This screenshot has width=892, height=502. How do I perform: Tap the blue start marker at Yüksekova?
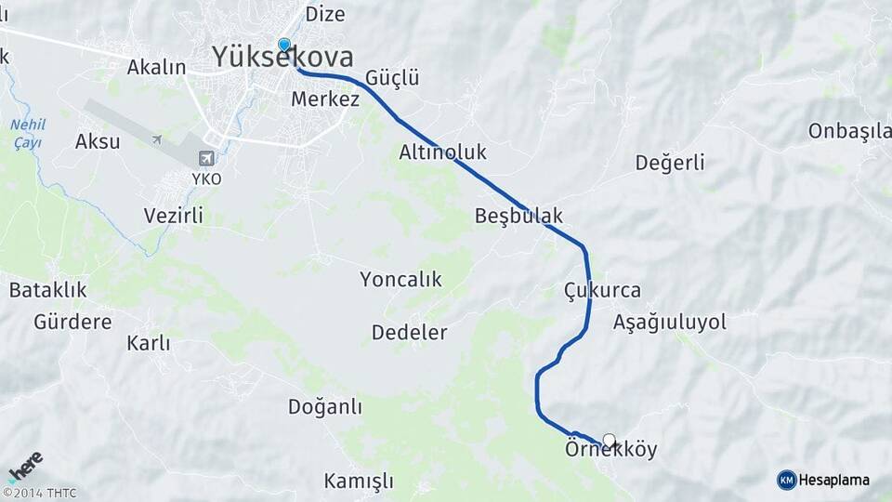pos(284,45)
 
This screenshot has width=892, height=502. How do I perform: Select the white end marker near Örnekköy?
pos(610,440)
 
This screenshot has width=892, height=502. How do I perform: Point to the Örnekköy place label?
pos(610,451)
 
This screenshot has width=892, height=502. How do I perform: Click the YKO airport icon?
pos(206,158)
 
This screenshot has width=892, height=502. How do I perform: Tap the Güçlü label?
pos(392,78)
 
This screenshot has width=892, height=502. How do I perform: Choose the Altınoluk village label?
pos(443,152)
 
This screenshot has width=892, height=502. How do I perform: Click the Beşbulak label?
pos(518,216)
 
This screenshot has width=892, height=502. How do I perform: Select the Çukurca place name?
pos(602,290)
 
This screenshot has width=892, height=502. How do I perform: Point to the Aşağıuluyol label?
pos(669,323)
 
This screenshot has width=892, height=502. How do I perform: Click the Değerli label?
pos(670,163)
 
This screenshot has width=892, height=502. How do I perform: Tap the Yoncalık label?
pos(400,279)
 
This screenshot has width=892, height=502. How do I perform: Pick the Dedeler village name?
pos(409,332)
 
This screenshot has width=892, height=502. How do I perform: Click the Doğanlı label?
pos(325,407)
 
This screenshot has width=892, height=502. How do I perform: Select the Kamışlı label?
pos(359,482)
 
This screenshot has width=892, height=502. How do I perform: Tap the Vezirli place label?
pos(173,216)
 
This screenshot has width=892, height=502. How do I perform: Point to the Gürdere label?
pos(72,323)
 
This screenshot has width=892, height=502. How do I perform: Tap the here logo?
pos(26,467)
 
